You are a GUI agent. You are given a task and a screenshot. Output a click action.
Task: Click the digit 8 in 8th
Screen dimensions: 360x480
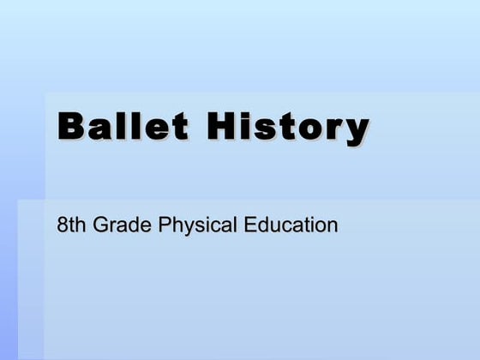[x=62, y=226]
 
